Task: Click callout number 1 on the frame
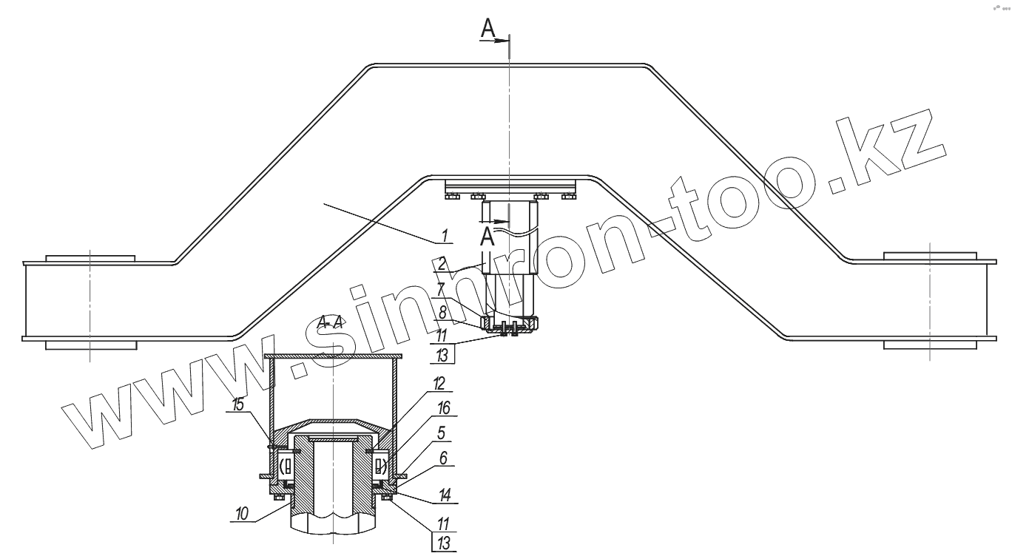coord(445,236)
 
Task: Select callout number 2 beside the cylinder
coord(442,264)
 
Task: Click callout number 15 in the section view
coord(238,404)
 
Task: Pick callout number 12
coord(439,384)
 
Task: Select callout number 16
coord(444,408)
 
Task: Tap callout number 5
coord(442,433)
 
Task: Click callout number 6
coord(443,458)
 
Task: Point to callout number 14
coord(445,495)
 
